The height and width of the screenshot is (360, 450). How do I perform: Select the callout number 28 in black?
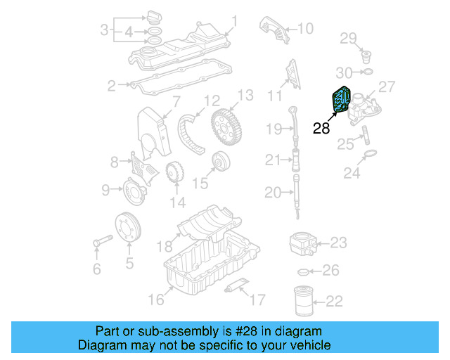[321, 128]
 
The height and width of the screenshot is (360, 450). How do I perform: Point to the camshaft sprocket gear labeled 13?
[227, 126]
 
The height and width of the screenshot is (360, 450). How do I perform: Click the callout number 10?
[305, 29]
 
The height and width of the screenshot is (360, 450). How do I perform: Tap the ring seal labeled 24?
[371, 153]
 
